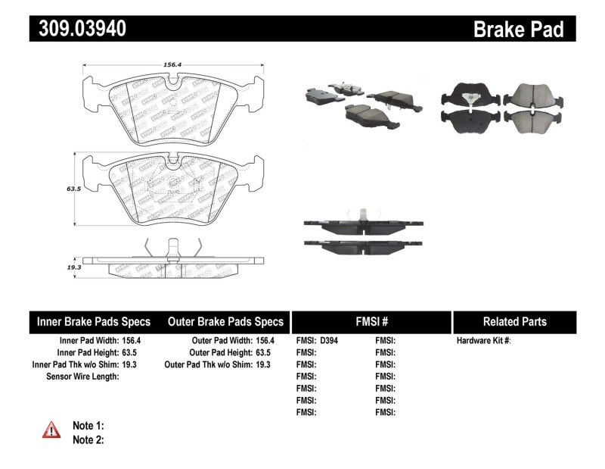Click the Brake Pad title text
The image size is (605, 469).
tap(518, 30)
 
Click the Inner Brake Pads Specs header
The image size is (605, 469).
tap(94, 321)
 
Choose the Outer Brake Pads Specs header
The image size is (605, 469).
tap(225, 321)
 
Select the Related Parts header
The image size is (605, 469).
tap(514, 321)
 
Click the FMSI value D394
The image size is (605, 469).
tap(330, 341)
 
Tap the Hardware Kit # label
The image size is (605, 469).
tap(483, 341)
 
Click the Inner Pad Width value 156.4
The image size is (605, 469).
tap(132, 341)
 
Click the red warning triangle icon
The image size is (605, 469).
tap(51, 430)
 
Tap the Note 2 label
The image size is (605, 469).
tap(88, 439)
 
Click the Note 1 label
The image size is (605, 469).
tap(88, 425)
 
